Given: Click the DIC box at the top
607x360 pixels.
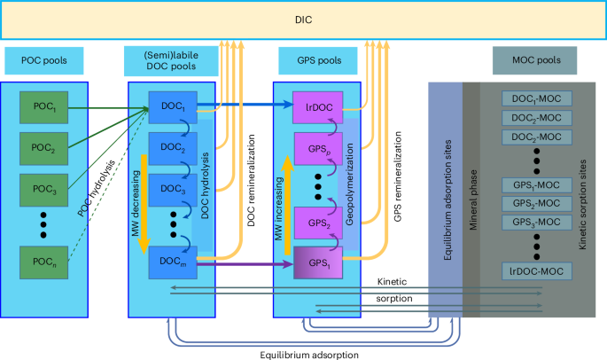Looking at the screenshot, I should coord(303,19).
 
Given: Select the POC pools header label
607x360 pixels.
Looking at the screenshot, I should coord(44,60).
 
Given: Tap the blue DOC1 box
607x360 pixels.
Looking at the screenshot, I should coord(172,107).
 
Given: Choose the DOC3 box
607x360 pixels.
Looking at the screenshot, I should coord(172,190).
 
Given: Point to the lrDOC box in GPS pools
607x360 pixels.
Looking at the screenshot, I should coord(317,107).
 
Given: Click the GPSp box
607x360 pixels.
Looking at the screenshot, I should coord(317,146).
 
